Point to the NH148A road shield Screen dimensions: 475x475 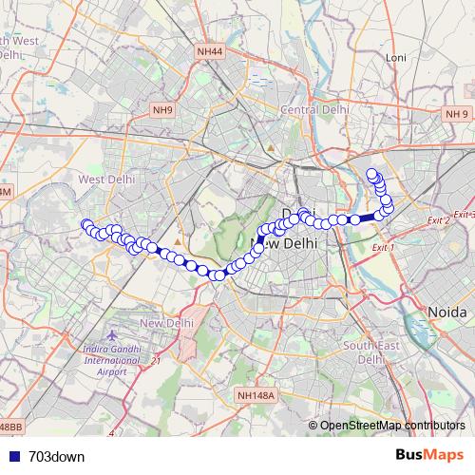256,394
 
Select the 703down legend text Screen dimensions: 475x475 58,456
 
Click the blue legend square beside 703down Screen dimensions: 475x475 11,456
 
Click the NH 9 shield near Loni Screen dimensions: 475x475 455,114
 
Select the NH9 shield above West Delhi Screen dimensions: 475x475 162,110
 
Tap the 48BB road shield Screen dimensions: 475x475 9,427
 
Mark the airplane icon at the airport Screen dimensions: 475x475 112,337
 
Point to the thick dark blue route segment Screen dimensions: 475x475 367,218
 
